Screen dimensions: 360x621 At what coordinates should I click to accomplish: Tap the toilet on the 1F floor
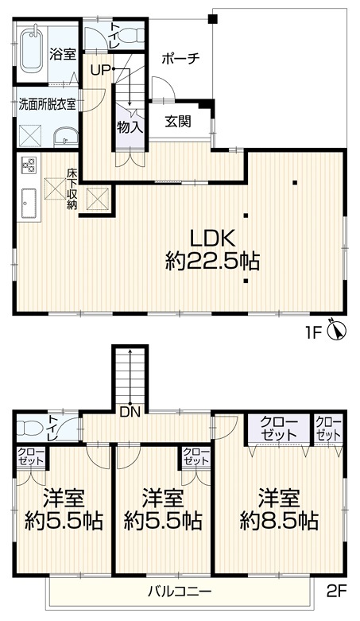click(130, 36)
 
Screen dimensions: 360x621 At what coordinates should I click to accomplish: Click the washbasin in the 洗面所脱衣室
click(66, 137)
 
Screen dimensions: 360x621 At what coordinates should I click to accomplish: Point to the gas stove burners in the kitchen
click(29, 164)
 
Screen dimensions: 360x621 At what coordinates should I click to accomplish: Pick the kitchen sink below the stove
click(29, 203)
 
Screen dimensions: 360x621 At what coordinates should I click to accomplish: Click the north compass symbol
click(337, 330)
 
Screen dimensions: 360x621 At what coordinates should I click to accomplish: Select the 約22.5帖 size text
click(212, 262)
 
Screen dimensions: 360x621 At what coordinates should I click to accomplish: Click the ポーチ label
click(180, 59)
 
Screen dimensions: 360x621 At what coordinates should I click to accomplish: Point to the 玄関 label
click(178, 122)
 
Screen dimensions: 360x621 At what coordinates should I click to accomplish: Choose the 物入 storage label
click(130, 127)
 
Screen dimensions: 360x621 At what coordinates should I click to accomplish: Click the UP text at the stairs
click(100, 70)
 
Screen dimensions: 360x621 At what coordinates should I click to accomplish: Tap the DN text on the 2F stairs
click(130, 413)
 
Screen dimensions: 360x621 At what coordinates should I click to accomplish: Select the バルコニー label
click(180, 592)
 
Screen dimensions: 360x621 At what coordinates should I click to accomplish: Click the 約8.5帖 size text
click(279, 522)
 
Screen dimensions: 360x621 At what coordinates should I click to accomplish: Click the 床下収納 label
click(72, 189)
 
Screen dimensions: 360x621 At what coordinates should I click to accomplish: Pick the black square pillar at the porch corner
click(213, 18)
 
